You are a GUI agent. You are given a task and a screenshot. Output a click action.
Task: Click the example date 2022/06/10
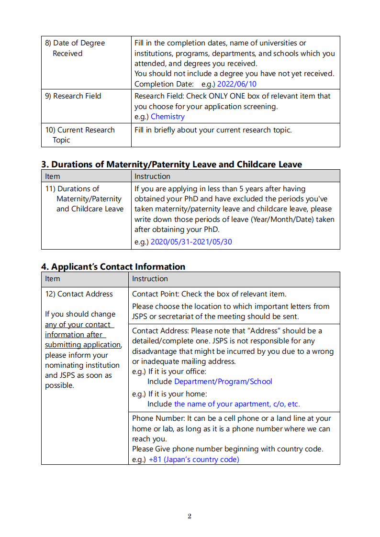click(236, 84)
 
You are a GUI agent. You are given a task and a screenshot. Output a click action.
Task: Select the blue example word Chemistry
click(168, 117)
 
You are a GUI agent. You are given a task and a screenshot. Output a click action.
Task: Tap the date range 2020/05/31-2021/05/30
click(191, 242)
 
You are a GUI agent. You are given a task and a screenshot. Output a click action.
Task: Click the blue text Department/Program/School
click(223, 382)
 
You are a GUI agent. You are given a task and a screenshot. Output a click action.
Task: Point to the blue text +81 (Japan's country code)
click(194, 460)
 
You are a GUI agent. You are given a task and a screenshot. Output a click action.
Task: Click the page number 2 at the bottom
click(190, 516)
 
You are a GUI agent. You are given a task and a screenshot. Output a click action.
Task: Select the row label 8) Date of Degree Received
click(75, 48)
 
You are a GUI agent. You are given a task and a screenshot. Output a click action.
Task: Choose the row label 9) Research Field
click(73, 96)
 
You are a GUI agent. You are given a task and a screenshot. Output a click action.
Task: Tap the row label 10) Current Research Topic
click(79, 135)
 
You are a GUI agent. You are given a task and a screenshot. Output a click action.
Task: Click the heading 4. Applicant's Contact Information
click(113, 267)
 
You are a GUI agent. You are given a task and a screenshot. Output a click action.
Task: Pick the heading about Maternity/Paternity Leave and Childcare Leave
click(171, 164)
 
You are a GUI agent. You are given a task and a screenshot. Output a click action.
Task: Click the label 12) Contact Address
click(79, 294)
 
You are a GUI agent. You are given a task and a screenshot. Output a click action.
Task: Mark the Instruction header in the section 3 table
click(152, 176)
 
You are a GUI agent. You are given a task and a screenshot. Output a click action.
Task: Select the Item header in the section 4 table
click(53, 279)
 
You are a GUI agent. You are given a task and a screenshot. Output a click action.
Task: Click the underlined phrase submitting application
click(83, 345)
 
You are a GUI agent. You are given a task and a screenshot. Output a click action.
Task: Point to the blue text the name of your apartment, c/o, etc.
click(237, 404)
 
